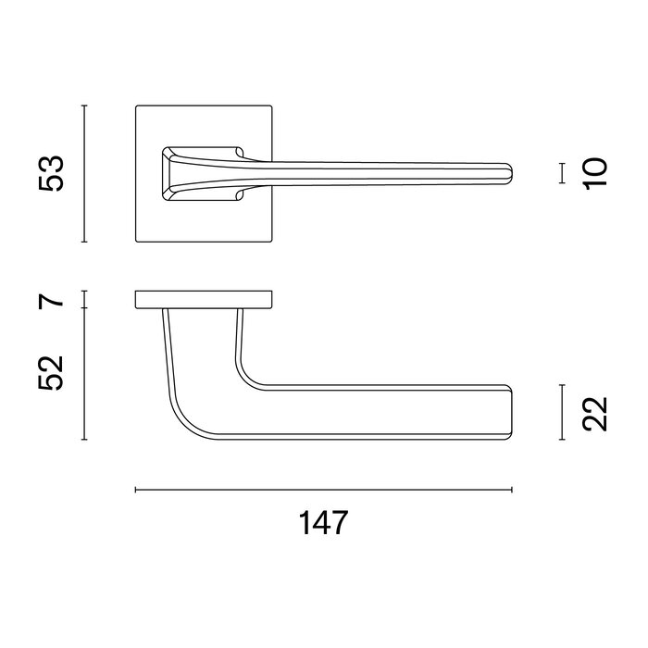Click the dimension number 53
coord(54,174)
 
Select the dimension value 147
coord(324,523)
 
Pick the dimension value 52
coord(54,372)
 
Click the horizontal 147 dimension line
coord(324,489)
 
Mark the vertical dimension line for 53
coord(85,174)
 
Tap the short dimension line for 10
coord(562,173)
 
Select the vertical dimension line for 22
coord(562,413)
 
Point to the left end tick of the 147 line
coord(136,489)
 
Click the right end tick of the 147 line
coord(512,489)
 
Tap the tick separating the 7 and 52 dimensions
coord(85,308)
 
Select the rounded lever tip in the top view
coord(508,173)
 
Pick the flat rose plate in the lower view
coord(204,299)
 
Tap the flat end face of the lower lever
coord(511,413)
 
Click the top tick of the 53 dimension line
coord(85,106)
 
